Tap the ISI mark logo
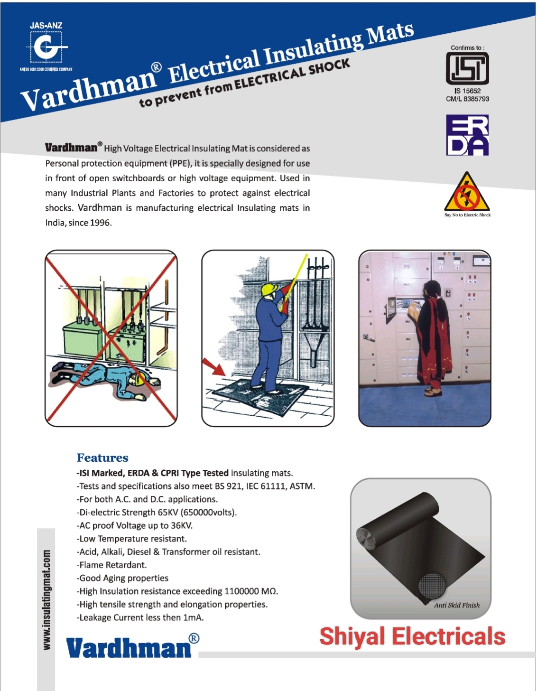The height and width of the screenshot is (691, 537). point(467,68)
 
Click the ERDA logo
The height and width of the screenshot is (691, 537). point(467,135)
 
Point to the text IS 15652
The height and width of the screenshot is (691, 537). point(467,91)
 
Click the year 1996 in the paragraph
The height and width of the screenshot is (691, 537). point(100,223)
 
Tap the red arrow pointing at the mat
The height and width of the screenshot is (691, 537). point(214,367)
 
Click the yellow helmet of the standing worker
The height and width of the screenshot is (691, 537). point(269,289)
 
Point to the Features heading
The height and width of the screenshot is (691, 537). point(102,458)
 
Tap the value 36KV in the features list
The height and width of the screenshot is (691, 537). point(182,525)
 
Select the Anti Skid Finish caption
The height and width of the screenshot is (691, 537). point(456,605)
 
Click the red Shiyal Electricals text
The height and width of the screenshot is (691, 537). point(412,636)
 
